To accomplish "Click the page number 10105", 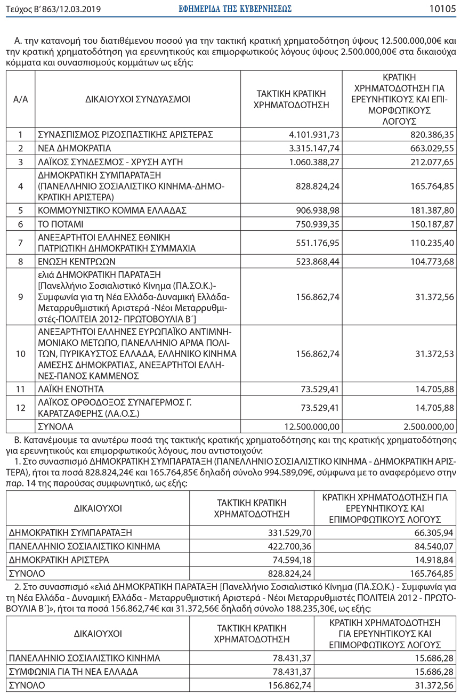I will point(442,9).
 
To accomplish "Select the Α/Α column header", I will point(20,99).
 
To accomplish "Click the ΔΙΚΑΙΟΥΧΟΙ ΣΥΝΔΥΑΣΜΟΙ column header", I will point(137,99).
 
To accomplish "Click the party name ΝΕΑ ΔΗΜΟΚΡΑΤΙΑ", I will point(75,148).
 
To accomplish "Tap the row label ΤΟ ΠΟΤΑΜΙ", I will point(60,224).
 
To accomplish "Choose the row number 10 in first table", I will point(20,353).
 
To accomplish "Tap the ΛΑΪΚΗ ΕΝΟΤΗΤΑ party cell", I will point(71,389).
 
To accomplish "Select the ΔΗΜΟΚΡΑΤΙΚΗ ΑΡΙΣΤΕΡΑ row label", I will point(59,560).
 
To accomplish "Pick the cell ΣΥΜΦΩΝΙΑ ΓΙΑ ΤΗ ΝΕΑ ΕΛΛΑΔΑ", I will point(74,671).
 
